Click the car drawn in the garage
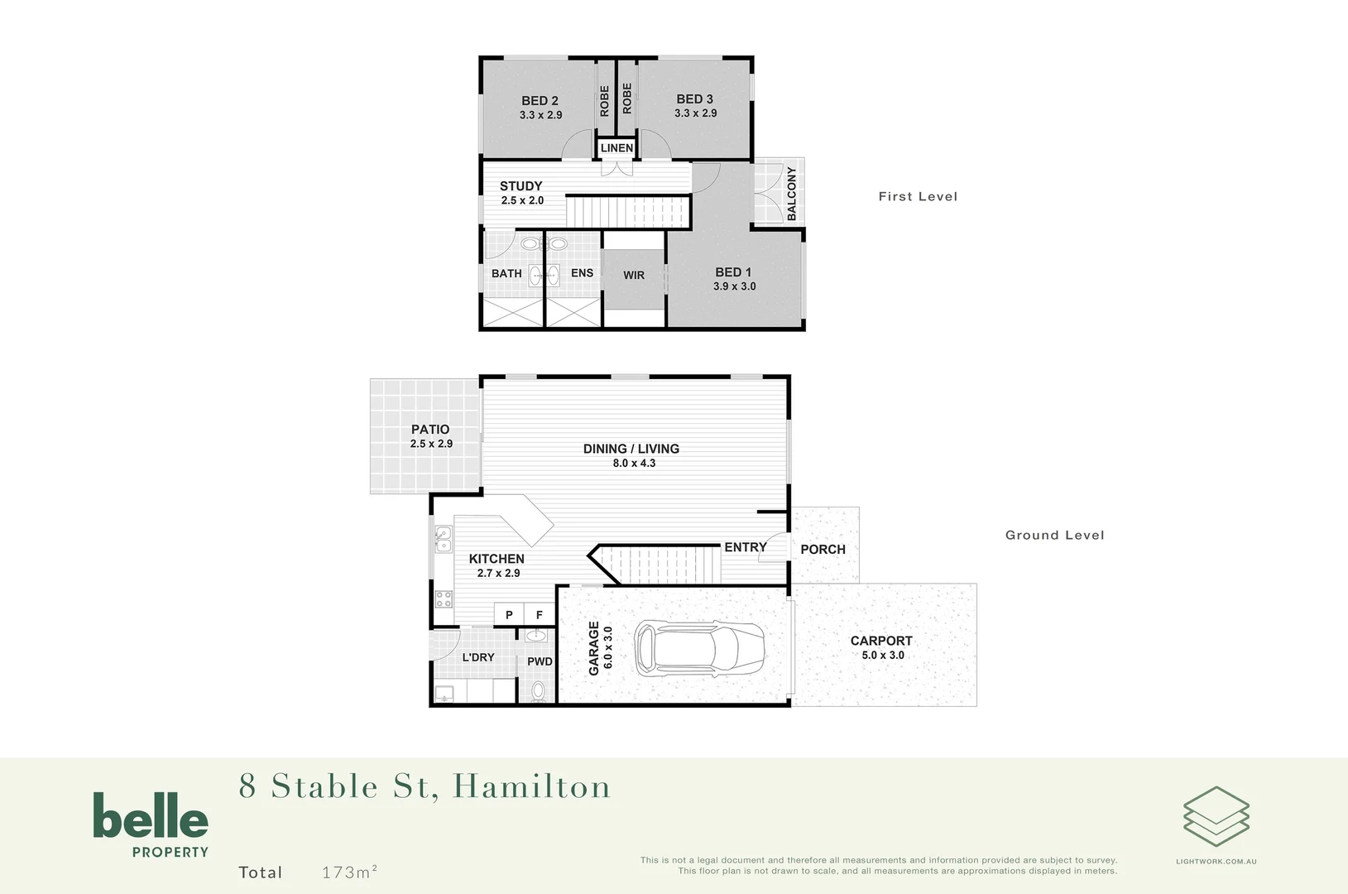click(699, 648)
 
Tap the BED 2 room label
click(540, 101)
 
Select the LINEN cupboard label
click(616, 148)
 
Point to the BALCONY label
click(792, 194)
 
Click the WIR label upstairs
click(634, 276)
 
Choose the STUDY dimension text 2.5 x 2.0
click(522, 200)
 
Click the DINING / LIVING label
click(631, 449)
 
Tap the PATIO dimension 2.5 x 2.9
click(431, 444)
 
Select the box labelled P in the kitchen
click(509, 614)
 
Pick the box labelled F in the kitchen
click(540, 614)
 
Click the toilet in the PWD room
click(538, 690)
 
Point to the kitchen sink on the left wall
click(444, 540)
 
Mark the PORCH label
click(823, 550)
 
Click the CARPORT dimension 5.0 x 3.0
click(883, 655)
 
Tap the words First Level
click(918, 196)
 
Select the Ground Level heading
click(1054, 535)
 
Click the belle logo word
click(151, 816)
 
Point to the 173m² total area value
click(349, 872)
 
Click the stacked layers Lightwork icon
click(1216, 816)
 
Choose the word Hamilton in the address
click(531, 786)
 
